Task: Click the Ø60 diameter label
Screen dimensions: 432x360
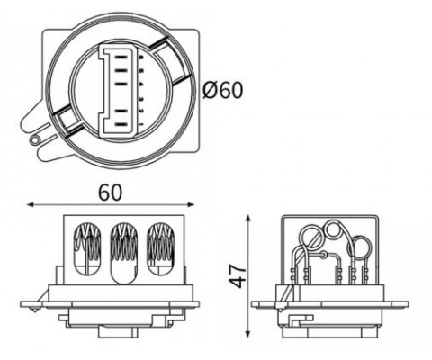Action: point(222,90)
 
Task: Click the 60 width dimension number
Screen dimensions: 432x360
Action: point(111,193)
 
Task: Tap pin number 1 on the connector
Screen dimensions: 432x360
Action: point(141,124)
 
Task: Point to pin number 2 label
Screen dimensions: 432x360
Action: point(141,112)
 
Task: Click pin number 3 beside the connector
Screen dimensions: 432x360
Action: point(141,99)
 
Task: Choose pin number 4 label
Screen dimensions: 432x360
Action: point(141,85)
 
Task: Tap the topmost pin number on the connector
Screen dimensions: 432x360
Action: point(141,57)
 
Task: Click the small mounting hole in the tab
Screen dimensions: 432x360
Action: point(35,139)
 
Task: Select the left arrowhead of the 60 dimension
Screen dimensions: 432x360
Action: point(30,205)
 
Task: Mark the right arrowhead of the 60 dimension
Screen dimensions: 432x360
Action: point(192,205)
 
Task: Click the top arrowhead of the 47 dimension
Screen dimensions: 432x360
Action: point(247,218)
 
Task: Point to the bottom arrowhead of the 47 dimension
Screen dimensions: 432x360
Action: point(247,334)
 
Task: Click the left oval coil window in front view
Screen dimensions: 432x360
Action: point(87,249)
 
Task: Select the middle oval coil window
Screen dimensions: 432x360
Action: point(124,254)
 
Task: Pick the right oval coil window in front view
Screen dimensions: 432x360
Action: point(161,249)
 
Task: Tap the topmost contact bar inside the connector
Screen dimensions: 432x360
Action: point(121,57)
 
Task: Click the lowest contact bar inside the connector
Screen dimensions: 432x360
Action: point(121,124)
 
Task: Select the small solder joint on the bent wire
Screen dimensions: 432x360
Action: point(324,256)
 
